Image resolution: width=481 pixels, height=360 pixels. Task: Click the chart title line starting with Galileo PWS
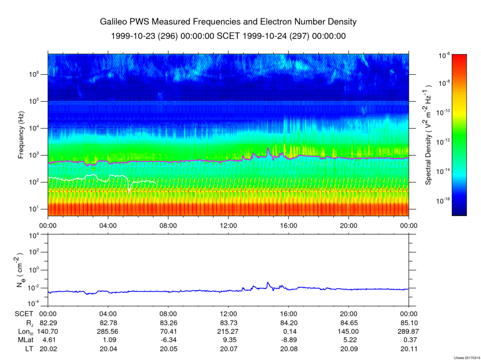[228, 22]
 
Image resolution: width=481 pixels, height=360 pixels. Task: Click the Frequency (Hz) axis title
[21, 135]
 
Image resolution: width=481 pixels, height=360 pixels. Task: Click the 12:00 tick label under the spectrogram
[229, 226]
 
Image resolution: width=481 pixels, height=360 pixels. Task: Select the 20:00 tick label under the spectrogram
[349, 226]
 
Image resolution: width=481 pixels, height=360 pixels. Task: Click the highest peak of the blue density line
[268, 283]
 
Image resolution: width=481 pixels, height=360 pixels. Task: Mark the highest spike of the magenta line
[268, 148]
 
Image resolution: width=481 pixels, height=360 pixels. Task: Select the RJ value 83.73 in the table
[229, 323]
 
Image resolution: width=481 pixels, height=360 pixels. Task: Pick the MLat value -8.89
[288, 340]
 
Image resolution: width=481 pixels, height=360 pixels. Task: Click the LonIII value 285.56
[109, 331]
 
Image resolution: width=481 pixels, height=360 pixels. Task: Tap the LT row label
[29, 349]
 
